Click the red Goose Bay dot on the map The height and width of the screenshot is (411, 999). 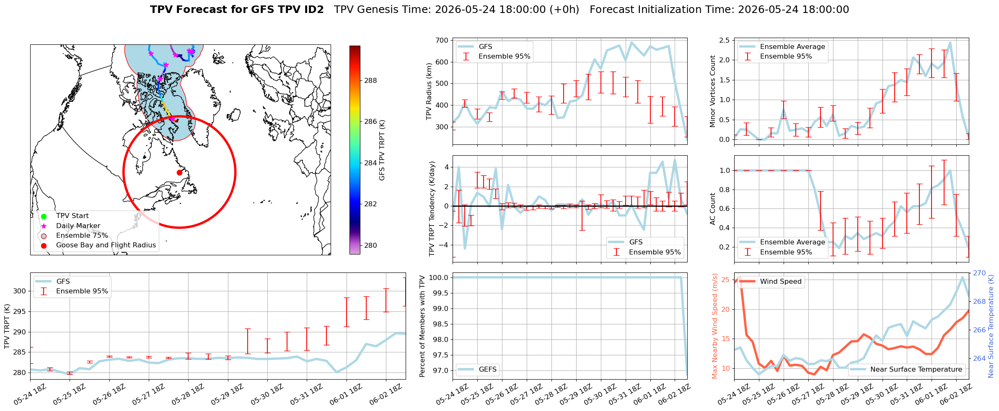point(179,172)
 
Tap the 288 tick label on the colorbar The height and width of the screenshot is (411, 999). point(370,81)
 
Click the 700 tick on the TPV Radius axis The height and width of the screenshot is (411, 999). point(442,41)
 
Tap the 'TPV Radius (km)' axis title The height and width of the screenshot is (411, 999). point(429,91)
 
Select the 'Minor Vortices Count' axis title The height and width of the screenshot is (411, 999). point(713,91)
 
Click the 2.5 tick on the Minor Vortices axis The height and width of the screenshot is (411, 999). point(725,40)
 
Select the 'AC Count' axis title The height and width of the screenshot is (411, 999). point(713,209)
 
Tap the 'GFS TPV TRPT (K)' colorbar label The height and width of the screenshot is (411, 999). point(382,150)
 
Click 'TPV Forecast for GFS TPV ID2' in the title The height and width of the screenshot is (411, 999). point(237,10)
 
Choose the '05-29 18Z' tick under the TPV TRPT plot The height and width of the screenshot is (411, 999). point(227,395)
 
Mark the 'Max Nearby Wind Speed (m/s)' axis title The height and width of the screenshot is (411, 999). point(715,326)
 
